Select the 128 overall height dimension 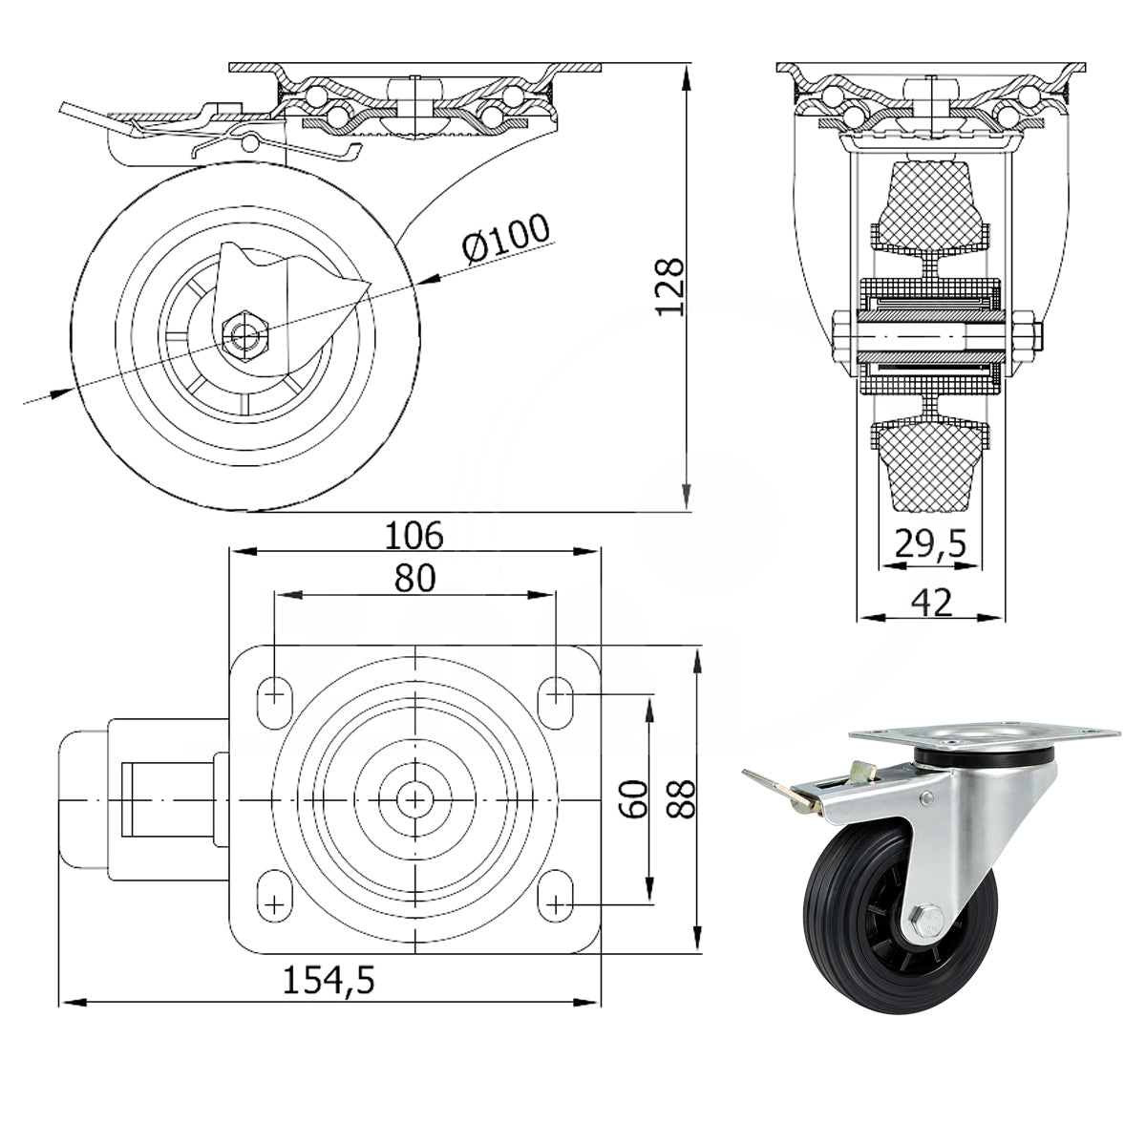tap(669, 286)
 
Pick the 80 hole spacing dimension tap(414, 578)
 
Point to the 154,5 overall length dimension tap(329, 981)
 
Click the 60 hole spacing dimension tap(634, 800)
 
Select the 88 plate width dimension tap(681, 800)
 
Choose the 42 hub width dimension tap(931, 602)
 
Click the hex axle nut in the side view tap(244, 335)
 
